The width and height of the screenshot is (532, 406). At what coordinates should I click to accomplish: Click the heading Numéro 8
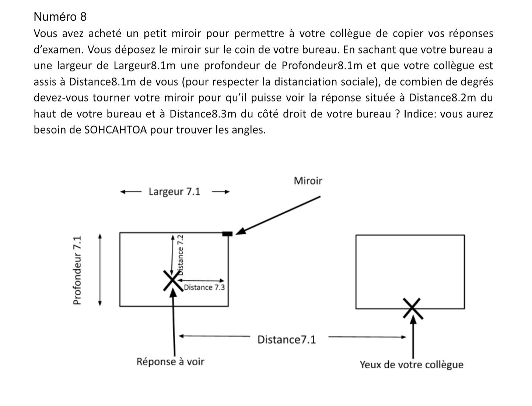coord(60,17)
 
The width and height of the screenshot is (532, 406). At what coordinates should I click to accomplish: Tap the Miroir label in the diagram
coord(308,181)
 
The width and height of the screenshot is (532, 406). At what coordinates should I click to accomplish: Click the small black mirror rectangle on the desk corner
coord(227,233)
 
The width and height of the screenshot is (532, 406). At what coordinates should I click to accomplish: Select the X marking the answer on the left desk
coord(172,281)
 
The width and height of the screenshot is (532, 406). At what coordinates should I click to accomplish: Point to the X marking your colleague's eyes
coord(413,308)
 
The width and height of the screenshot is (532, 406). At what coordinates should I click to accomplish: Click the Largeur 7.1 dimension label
coord(174,192)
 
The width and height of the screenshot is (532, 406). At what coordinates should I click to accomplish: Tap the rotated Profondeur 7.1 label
coord(77,271)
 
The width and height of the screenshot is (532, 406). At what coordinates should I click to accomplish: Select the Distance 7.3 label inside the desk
coord(204,287)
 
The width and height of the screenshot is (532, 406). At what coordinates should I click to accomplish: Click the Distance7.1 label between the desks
coord(287,339)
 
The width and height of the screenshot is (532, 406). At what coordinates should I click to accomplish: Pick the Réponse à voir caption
coord(170,361)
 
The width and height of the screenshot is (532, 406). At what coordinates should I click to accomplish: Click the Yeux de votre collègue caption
coord(412,365)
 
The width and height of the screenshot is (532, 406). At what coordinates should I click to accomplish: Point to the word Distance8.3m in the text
coord(203,114)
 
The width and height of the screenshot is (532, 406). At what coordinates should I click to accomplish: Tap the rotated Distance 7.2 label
coord(181,255)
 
